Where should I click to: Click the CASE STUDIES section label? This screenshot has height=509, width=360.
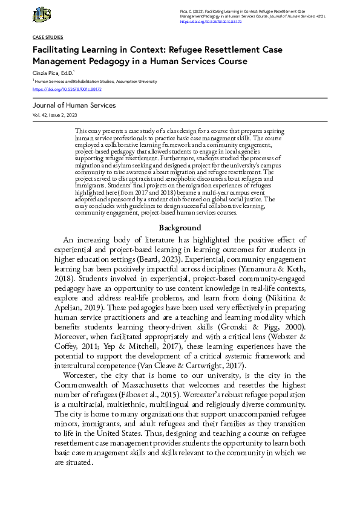click(x=47, y=37)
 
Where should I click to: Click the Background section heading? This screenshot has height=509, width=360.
click(x=180, y=228)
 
